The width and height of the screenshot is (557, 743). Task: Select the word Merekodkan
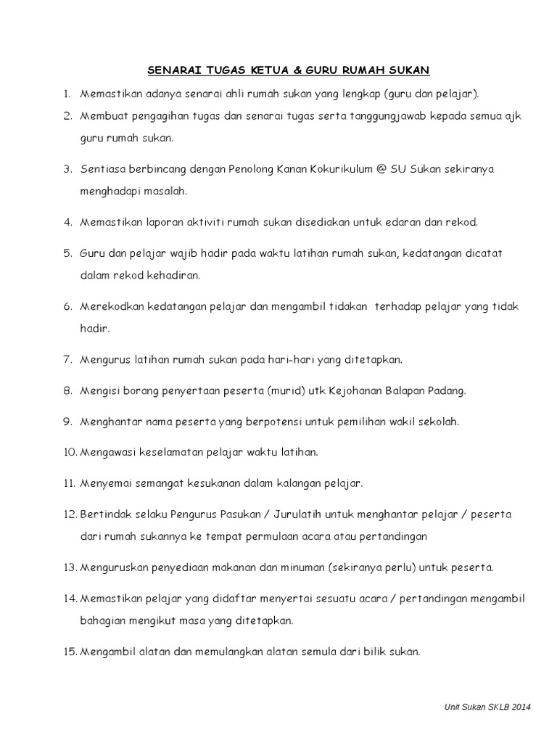[111, 307]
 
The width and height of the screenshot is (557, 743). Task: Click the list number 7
[66, 360]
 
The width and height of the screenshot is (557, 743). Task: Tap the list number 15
[70, 652]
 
